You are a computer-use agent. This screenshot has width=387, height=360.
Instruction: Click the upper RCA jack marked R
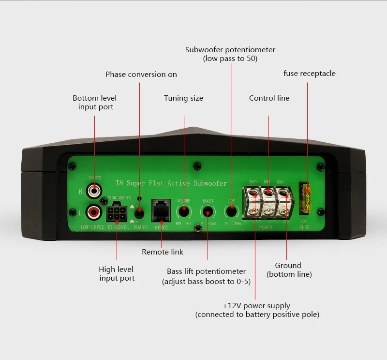pos(94,190)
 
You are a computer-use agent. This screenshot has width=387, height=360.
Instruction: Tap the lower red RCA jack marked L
pos(93,212)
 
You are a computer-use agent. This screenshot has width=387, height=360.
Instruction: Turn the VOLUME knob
pos(184,211)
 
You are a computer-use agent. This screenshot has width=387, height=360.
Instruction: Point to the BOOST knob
pos(208,211)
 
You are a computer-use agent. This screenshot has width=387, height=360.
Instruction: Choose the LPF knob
pos(232,211)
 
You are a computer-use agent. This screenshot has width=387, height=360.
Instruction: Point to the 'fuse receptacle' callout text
pos(309,74)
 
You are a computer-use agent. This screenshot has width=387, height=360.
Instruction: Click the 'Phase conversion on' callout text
pos(141,75)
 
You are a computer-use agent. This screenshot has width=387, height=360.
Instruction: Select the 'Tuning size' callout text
pos(183,98)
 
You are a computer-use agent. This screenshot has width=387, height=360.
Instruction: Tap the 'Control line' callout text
pos(269,98)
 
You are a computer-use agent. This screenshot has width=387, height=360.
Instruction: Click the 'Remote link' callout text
pos(163,252)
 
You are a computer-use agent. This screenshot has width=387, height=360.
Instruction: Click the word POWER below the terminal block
pos(266,227)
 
